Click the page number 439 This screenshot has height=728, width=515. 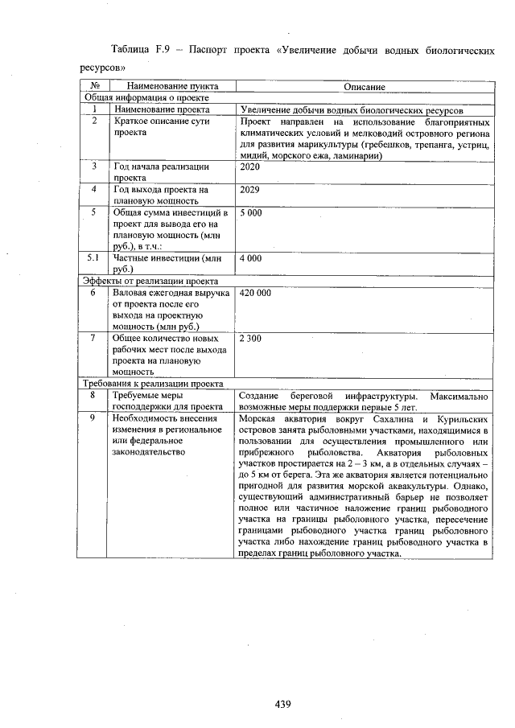(282, 704)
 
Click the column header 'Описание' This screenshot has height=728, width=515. (364, 86)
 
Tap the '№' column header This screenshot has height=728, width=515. (94, 86)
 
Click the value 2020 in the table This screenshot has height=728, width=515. (251, 167)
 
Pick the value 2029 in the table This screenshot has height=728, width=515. (251, 190)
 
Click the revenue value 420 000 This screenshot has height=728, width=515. (257, 294)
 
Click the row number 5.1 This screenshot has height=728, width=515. (94, 259)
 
